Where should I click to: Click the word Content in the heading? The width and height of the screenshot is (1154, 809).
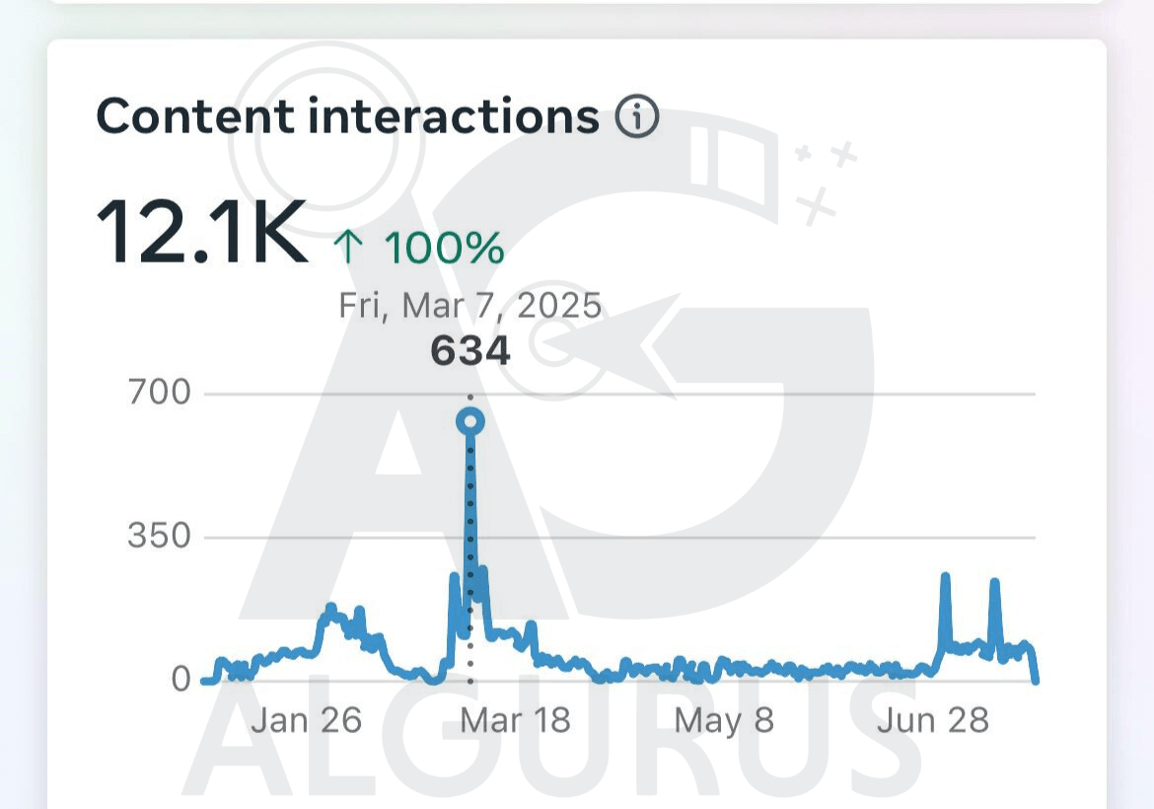194,117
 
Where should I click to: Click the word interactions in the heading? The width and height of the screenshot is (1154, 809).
454,117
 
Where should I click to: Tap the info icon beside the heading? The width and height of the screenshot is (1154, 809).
637,118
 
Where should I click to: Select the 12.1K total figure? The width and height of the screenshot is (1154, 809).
201,233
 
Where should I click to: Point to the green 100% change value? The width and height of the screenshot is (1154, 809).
444,248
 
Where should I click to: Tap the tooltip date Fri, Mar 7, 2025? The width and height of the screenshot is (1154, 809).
469,306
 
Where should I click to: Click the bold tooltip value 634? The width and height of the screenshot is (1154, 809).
470,351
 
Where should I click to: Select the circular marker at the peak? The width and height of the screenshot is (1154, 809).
470,422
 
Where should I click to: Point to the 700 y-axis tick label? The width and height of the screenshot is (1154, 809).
159,393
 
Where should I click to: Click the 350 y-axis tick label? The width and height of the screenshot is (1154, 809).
159,537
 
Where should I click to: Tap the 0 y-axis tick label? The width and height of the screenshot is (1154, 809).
180,679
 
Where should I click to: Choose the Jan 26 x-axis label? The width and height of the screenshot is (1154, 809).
306,720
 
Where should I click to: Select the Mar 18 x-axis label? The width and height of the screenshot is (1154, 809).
515,720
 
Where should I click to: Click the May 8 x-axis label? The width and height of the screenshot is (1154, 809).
723,720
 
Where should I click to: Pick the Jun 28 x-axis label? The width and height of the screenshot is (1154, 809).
933,720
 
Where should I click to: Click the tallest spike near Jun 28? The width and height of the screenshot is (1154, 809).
945,578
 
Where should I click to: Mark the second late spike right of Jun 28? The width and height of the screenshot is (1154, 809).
994,584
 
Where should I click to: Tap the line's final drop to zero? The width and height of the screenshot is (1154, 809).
1035,677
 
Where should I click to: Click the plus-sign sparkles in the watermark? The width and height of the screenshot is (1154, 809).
825,178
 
